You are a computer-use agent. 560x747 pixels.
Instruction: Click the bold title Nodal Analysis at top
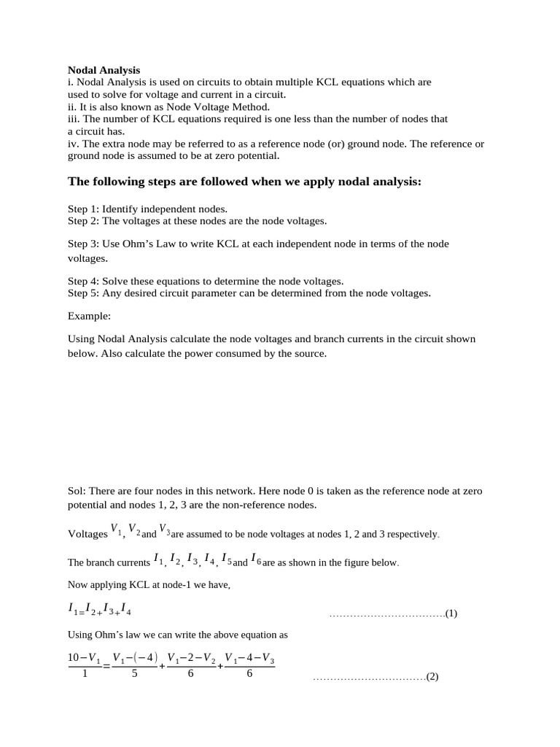click(x=104, y=70)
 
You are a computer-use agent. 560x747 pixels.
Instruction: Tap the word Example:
click(x=90, y=316)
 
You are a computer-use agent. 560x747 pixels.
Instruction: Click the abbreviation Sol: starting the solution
click(x=77, y=491)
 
